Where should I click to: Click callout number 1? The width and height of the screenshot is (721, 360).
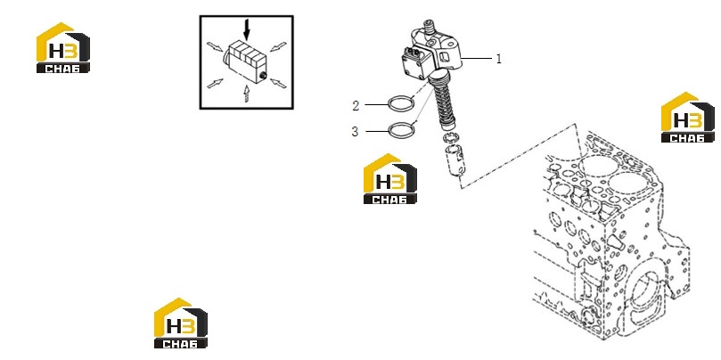pyautogui.click(x=498, y=59)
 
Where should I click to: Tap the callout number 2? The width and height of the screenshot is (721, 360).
pyautogui.click(x=356, y=106)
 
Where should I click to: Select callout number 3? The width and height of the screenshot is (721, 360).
pyautogui.click(x=355, y=132)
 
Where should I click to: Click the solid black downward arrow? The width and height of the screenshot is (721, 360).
pyautogui.click(x=247, y=29)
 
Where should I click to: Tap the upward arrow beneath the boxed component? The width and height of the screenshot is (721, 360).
pyautogui.click(x=247, y=94)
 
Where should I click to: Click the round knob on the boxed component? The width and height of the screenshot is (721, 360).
pyautogui.click(x=263, y=76)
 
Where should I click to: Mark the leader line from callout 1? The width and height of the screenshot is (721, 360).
pyautogui.click(x=476, y=59)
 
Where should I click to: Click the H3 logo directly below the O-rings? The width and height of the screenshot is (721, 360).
pyautogui.click(x=390, y=178)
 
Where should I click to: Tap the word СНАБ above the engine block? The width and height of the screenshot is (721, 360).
pyautogui.click(x=687, y=138)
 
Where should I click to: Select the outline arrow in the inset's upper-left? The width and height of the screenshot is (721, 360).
pyautogui.click(x=214, y=46)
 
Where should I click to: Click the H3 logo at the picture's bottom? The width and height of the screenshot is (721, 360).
pyautogui.click(x=180, y=323)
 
